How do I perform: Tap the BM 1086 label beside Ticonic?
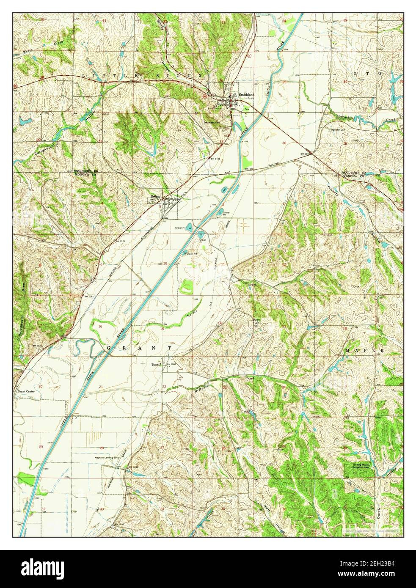pos(170,364)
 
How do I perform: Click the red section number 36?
pos(284,143)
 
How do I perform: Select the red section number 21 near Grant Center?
pos(101,387)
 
